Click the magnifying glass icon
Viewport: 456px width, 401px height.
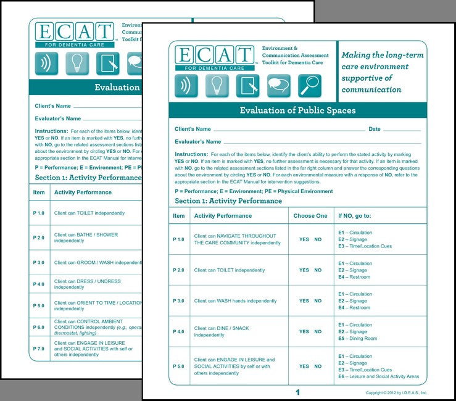[310, 86]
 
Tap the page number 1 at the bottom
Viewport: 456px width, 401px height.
[297, 392]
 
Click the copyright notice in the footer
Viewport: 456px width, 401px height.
[396, 392]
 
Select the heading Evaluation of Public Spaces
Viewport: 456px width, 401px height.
[297, 110]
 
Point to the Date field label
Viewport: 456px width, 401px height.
[375, 130]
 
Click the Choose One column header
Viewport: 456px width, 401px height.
[310, 216]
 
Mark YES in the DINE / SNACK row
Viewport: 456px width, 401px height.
[304, 331]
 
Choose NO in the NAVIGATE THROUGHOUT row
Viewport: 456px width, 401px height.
[318, 239]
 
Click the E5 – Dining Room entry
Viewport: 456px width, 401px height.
[359, 338]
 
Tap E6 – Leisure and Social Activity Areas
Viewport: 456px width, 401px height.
[378, 376]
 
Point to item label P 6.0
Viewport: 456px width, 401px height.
[39, 327]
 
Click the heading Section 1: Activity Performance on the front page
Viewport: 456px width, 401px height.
[228, 201]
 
